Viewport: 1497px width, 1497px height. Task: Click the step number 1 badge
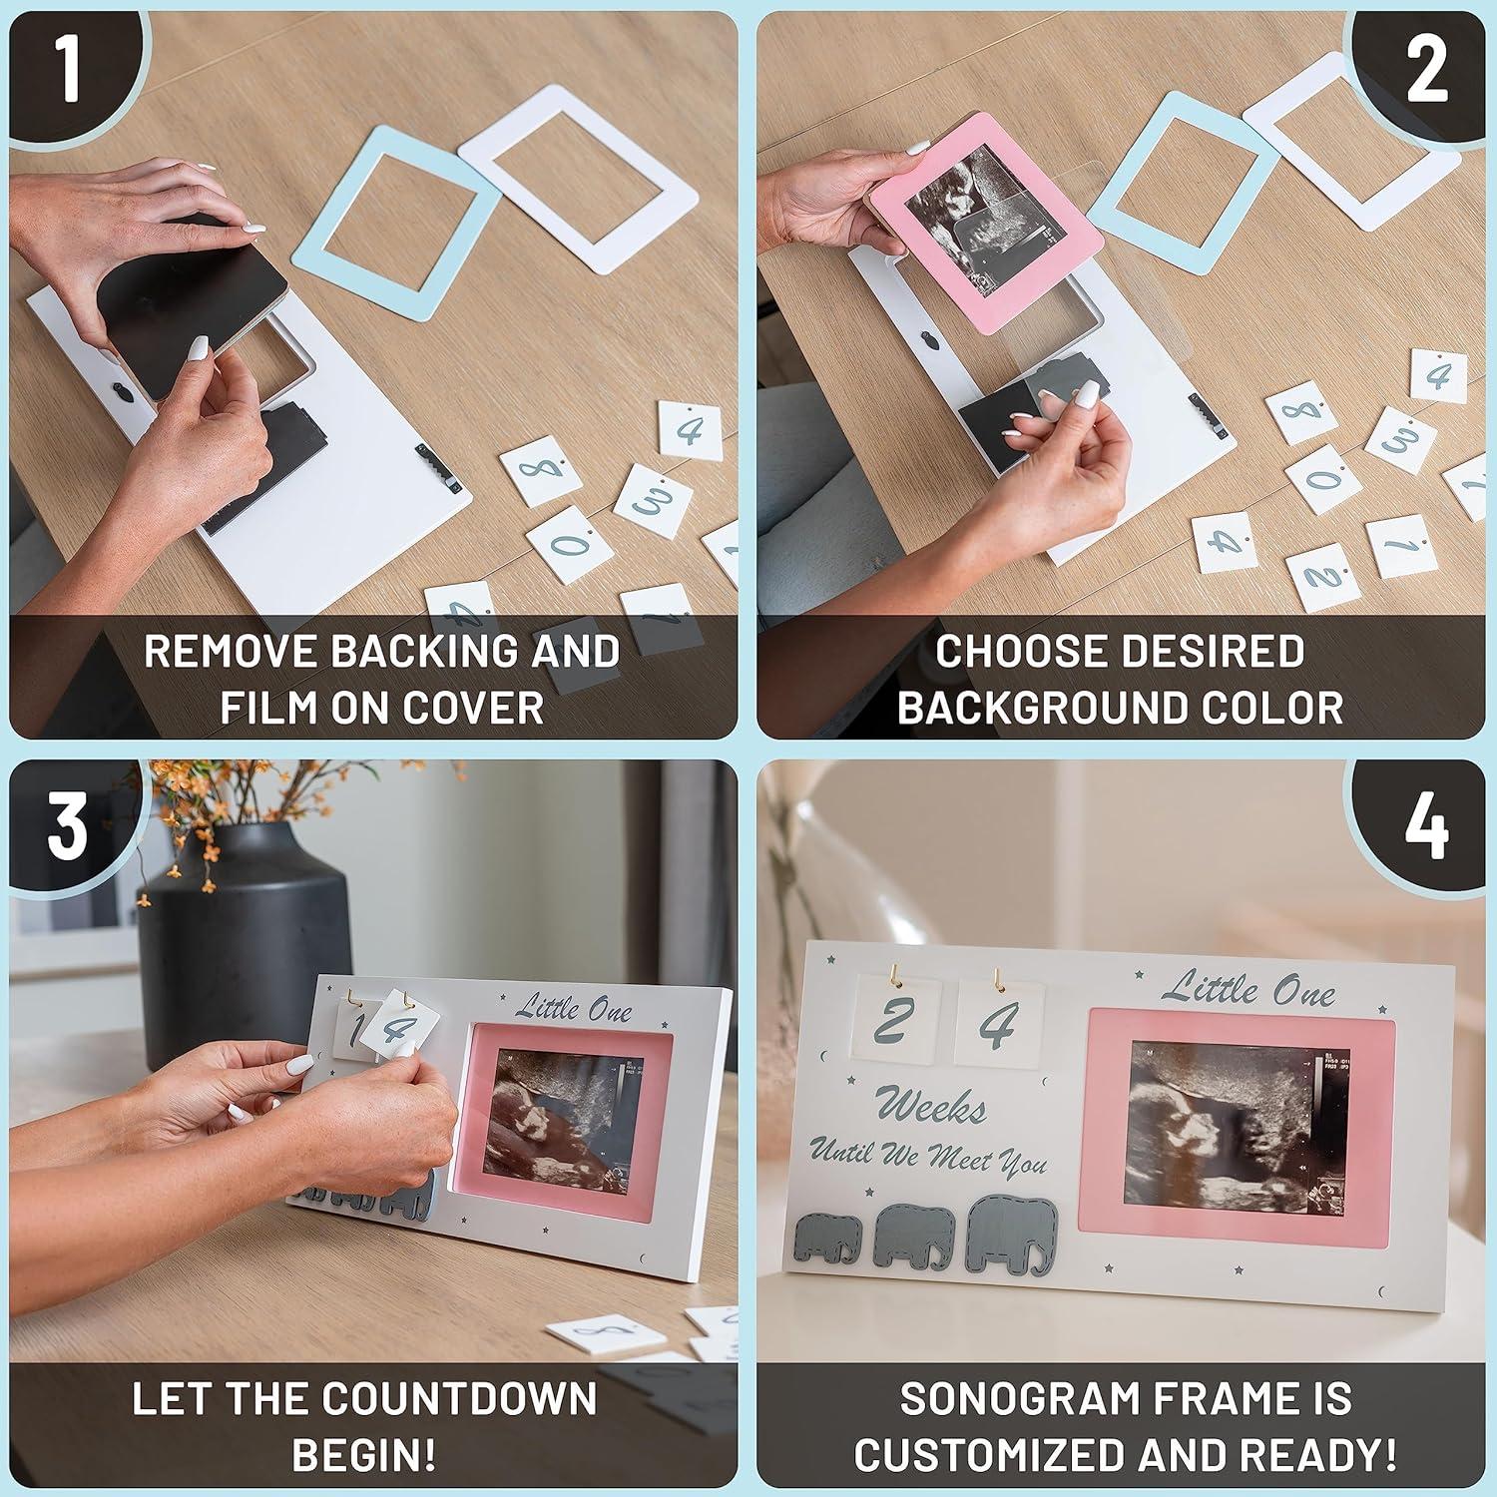66,68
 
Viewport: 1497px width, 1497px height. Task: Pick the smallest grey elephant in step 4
827,1239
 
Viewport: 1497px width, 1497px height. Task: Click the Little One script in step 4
1247,989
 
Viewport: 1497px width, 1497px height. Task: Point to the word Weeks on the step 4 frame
930,1107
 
